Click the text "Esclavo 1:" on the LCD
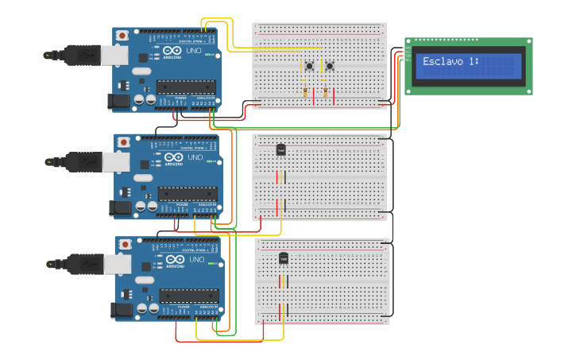451,61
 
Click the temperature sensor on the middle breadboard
280,149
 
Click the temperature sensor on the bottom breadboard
284,258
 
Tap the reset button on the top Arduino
122,36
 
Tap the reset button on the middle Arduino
123,142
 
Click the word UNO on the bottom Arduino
197,259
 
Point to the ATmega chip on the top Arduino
185,87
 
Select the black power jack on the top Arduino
118,100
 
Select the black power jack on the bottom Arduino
122,310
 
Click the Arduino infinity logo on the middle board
173,157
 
